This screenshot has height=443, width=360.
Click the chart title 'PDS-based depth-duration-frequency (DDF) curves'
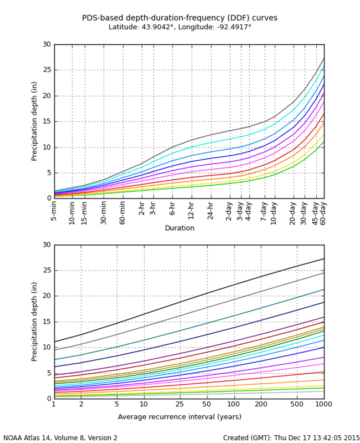(x=180, y=18)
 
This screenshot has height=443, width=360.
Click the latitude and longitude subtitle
(x=180, y=27)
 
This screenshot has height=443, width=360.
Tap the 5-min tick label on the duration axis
(x=54, y=211)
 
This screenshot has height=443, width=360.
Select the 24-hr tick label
(x=210, y=211)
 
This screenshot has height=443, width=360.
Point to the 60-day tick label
(x=324, y=211)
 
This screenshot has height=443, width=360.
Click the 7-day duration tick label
(x=264, y=211)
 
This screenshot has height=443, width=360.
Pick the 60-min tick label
(x=123, y=211)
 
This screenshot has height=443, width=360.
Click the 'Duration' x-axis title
(x=180, y=228)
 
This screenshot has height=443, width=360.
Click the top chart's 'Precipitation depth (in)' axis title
(x=34, y=121)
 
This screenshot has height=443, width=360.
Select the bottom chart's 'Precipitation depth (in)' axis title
(x=34, y=321)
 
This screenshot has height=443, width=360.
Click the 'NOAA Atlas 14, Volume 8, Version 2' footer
(x=60, y=438)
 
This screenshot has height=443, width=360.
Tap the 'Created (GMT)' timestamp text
(x=291, y=438)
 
